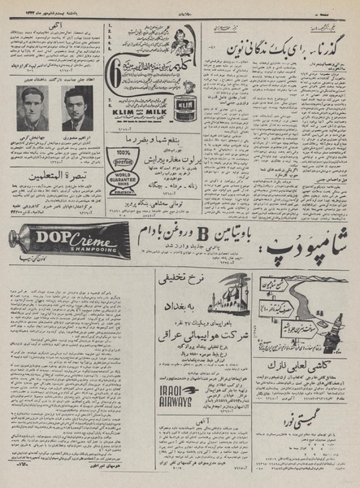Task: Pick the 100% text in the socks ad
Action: point(123,154)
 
